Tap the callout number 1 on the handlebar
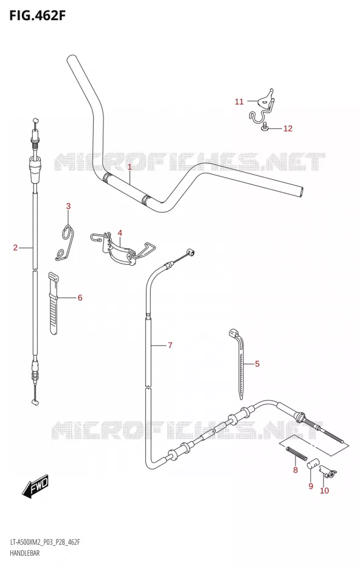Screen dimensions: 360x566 pyautogui.click(x=130, y=167)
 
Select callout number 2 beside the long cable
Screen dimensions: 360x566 pyautogui.click(x=15, y=248)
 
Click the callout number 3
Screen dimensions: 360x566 pyautogui.click(x=68, y=206)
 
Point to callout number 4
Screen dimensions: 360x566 pyautogui.click(x=120, y=233)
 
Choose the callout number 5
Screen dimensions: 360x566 pyautogui.click(x=257, y=363)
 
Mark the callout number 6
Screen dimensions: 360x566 pyautogui.click(x=80, y=298)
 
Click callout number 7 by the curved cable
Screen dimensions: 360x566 pyautogui.click(x=170, y=346)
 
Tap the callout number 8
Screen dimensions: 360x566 pyautogui.click(x=296, y=470)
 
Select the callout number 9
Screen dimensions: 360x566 pyautogui.click(x=311, y=486)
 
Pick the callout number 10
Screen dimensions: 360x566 pyautogui.click(x=324, y=491)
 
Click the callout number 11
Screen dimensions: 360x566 pyautogui.click(x=239, y=102)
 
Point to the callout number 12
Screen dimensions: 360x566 pyautogui.click(x=288, y=128)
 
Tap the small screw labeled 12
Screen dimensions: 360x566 pyautogui.click(x=265, y=127)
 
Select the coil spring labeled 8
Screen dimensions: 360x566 pyautogui.click(x=297, y=453)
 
